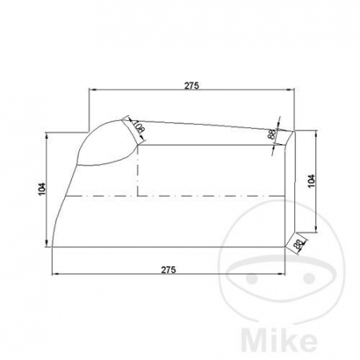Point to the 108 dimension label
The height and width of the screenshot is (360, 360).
pyautogui.click(x=138, y=127)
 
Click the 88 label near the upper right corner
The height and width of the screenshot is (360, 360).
pyautogui.click(x=272, y=136)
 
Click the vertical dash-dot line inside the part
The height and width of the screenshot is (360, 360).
pyautogui.click(x=139, y=172)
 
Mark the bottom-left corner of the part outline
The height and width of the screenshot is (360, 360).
pyautogui.click(x=53, y=247)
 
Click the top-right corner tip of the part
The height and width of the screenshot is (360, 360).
pyautogui.click(x=295, y=132)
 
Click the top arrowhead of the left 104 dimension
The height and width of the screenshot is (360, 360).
pyautogui.click(x=47, y=136)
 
